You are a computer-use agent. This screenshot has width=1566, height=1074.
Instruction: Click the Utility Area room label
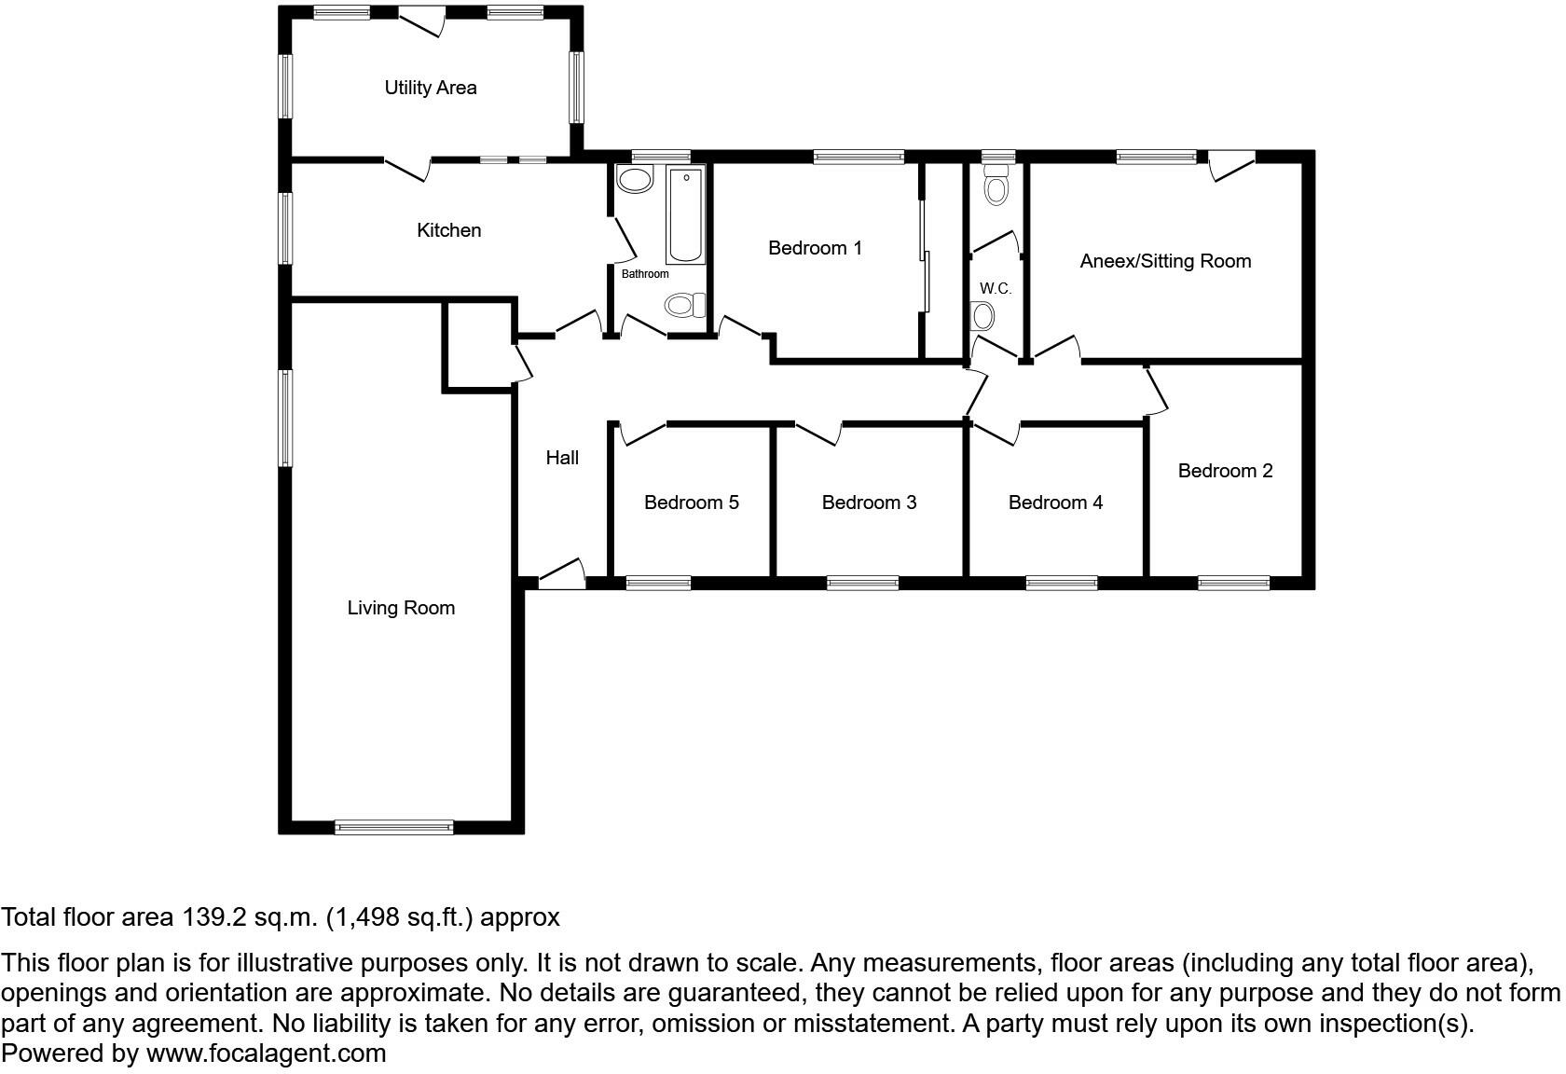coord(431,88)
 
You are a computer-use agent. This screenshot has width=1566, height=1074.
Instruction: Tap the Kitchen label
coord(448,230)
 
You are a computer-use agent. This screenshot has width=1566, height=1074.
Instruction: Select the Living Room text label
coord(401,608)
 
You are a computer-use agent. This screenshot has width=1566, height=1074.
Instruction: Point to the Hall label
coord(562,458)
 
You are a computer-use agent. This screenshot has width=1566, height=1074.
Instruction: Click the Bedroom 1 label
coord(815,248)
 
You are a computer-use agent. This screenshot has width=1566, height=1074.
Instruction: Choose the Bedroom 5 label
coord(691,503)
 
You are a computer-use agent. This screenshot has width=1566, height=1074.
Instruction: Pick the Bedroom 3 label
coord(869,503)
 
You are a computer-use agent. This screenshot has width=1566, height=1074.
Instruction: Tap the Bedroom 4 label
coord(1055,503)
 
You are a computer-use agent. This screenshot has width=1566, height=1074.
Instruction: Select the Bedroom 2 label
coord(1225,471)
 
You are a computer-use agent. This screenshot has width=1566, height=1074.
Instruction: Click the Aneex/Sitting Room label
coord(1165,261)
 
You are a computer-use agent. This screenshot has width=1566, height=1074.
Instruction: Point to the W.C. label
coord(996,289)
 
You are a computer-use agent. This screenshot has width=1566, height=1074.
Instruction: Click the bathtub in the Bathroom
coord(685,215)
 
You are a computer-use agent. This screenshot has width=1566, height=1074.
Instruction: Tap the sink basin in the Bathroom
coord(636,180)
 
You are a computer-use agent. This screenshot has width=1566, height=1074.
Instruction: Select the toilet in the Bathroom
coord(685,305)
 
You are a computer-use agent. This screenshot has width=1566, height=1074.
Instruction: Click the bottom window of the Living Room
coord(393,826)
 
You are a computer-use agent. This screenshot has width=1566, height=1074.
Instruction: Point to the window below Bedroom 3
coord(862,584)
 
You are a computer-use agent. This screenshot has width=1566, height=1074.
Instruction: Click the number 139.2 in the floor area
coord(213,917)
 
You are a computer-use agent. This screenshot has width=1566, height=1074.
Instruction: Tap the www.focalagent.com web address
coord(266,1053)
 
